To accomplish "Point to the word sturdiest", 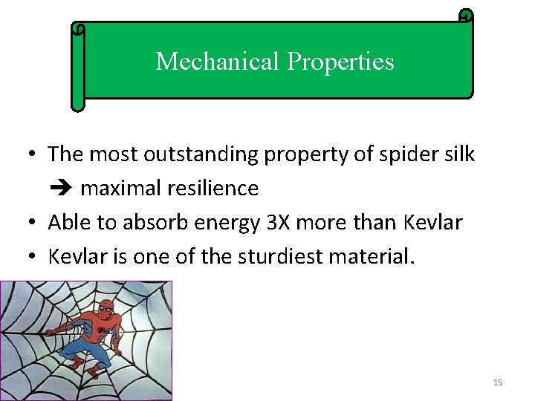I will click(279, 257).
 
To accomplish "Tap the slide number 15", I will click(498, 382).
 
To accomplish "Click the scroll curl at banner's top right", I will click(465, 16).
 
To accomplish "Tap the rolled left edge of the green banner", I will click(77, 67).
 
